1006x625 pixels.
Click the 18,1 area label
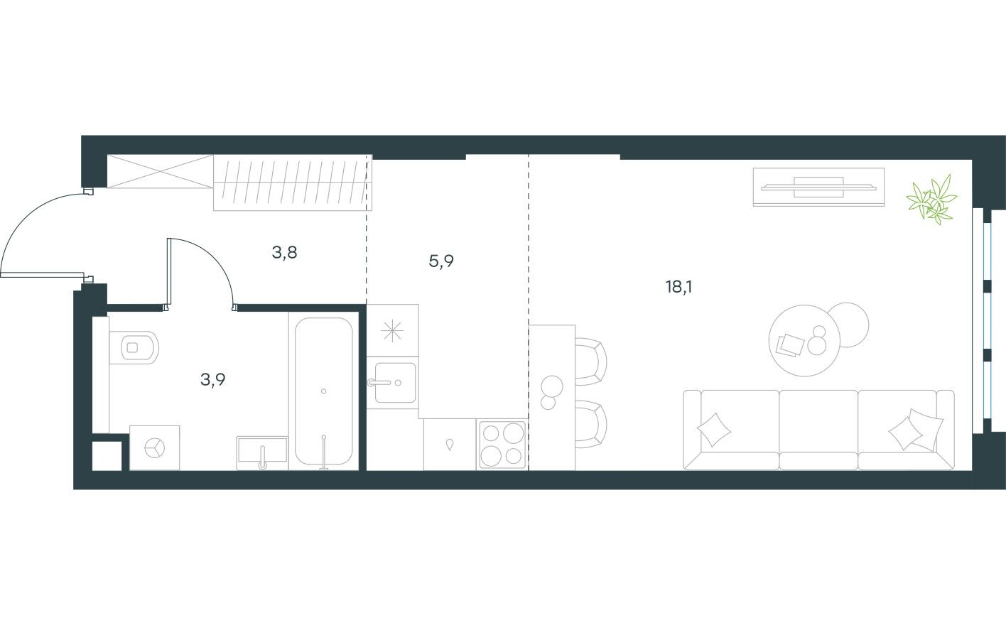coord(678,287)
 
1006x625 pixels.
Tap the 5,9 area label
coord(441,261)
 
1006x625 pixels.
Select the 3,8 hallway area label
coord(284,252)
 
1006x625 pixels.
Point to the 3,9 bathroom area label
coord(213,379)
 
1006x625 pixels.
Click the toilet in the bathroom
coord(134,347)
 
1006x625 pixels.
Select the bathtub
coord(323,392)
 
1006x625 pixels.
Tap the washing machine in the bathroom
coord(155,448)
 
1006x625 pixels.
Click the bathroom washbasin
coord(261,452)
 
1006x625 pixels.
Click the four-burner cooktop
coord(502,444)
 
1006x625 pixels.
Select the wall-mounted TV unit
coord(818,187)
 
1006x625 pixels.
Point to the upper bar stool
coord(590,361)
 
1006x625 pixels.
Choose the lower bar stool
coord(590,423)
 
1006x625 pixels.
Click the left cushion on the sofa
coord(713,429)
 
